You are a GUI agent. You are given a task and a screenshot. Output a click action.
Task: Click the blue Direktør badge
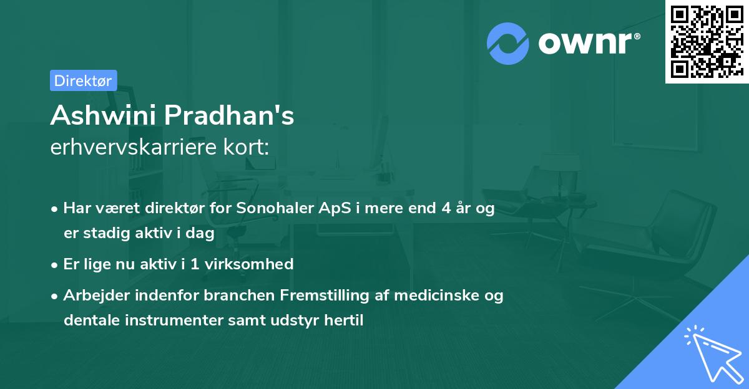click(83, 80)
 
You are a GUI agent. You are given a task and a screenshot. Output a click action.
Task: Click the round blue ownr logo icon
click(508, 43)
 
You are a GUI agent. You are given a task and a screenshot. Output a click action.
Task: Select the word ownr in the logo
click(587, 44)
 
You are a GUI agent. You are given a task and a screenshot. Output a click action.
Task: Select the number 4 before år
click(446, 209)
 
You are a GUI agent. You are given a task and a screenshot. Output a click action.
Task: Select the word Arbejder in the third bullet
click(93, 294)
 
